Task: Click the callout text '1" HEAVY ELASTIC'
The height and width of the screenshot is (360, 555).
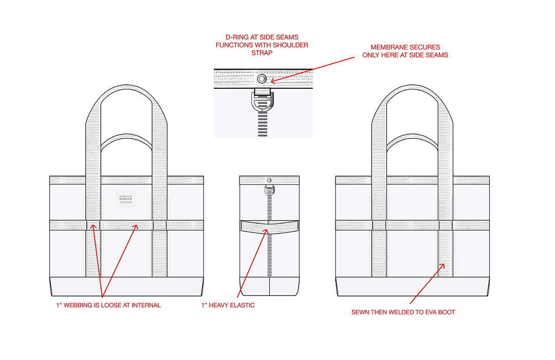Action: (228, 305)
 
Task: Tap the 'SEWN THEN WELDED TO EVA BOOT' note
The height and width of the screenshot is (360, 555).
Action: (403, 312)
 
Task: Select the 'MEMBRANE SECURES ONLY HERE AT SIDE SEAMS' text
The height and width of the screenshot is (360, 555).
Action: (405, 51)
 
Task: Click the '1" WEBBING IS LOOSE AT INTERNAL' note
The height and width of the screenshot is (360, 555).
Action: (108, 305)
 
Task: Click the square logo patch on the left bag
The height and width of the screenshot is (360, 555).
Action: (126, 200)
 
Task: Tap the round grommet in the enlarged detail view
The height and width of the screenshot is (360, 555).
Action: (262, 79)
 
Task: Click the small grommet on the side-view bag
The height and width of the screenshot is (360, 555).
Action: (269, 180)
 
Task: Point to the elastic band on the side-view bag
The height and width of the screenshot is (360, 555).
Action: (269, 225)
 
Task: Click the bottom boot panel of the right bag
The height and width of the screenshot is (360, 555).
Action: (412, 286)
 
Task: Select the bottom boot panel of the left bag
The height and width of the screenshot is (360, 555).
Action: (126, 286)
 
